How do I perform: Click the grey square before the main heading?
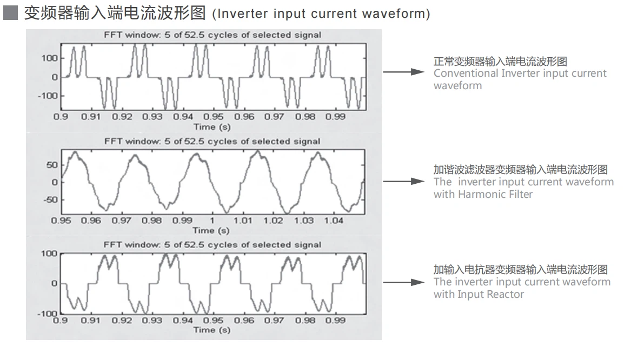click(x=10, y=13)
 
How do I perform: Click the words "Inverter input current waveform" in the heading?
click(x=321, y=14)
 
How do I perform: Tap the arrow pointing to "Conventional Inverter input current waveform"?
click(x=403, y=72)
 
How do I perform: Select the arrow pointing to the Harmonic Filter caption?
click(x=403, y=182)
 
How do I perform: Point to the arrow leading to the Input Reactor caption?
click(x=403, y=282)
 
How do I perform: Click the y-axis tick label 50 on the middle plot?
click(x=52, y=165)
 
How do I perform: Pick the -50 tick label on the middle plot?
click(x=50, y=199)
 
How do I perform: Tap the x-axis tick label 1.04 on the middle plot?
click(x=334, y=221)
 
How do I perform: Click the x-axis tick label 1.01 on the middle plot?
click(x=243, y=221)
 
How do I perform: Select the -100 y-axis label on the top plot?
click(x=48, y=96)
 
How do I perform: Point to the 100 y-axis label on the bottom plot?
click(x=49, y=254)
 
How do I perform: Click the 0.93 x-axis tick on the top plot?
click(x=152, y=117)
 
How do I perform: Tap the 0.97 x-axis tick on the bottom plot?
click(x=274, y=320)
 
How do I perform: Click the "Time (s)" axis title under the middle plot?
click(x=211, y=230)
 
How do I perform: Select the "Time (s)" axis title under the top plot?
click(x=211, y=127)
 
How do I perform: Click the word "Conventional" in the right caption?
click(x=466, y=73)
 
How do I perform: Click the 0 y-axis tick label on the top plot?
click(x=55, y=77)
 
